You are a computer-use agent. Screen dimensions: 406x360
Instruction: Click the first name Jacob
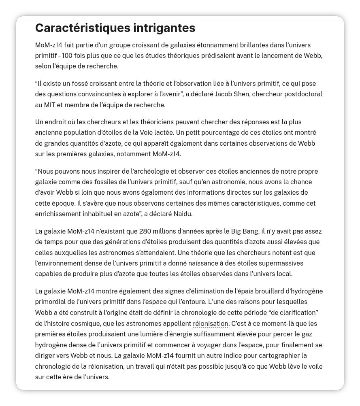(224, 94)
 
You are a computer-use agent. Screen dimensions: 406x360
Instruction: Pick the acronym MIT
(50, 105)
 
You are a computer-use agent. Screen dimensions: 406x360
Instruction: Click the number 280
(145, 232)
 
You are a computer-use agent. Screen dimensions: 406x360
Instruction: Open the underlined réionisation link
(210, 324)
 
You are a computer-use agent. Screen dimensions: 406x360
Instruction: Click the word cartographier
(284, 356)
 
